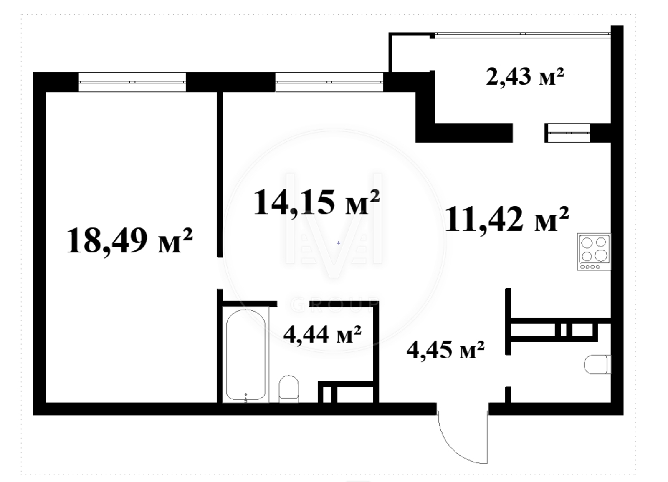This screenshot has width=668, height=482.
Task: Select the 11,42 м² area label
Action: pyautogui.click(x=507, y=220)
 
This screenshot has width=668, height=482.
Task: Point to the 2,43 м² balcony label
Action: pyautogui.click(x=525, y=77)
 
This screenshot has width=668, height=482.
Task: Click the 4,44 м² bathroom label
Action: pyautogui.click(x=322, y=334)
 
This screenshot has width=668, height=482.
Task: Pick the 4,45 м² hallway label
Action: pyautogui.click(x=445, y=350)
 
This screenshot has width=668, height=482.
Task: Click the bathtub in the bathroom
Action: pyautogui.click(x=246, y=355)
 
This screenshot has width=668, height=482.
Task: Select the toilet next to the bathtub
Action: pyautogui.click(x=288, y=389)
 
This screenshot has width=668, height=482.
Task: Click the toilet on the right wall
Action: pyautogui.click(x=597, y=365)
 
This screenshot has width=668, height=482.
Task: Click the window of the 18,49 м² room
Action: pyautogui.click(x=132, y=82)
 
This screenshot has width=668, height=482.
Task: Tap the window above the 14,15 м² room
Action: pyautogui.click(x=329, y=82)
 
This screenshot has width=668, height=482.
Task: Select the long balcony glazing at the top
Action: pyautogui.click(x=522, y=35)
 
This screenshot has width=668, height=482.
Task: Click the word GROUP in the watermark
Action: pyautogui.click(x=334, y=305)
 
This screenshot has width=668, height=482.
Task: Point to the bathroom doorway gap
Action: pyautogui.click(x=293, y=304)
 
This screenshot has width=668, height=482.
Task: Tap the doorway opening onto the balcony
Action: pyautogui.click(x=529, y=133)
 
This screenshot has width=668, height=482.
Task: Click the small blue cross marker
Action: pyautogui.click(x=338, y=243)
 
